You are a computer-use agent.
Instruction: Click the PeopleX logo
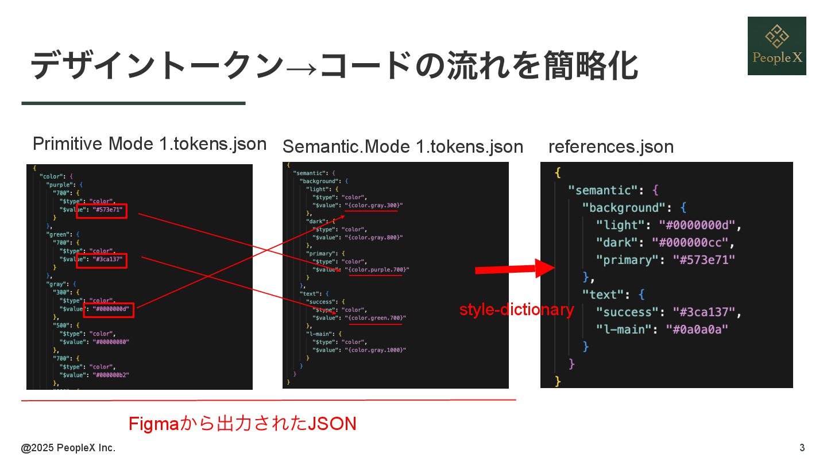pyautogui.click(x=776, y=46)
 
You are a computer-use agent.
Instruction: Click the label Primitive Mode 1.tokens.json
pyautogui.click(x=149, y=144)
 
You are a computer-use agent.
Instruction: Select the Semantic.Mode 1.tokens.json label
pyautogui.click(x=403, y=147)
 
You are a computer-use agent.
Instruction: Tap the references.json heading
pyautogui.click(x=611, y=147)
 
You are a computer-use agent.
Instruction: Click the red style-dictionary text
pyautogui.click(x=516, y=310)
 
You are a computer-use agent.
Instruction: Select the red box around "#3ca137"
pyautogui.click(x=102, y=261)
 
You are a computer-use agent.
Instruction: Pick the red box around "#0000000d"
pyautogui.click(x=109, y=310)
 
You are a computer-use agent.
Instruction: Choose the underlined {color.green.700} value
pyautogui.click(x=376, y=318)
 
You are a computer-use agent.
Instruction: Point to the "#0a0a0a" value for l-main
pyautogui.click(x=697, y=330)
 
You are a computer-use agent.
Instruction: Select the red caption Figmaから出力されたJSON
pyautogui.click(x=242, y=424)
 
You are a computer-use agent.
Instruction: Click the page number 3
pyautogui.click(x=802, y=448)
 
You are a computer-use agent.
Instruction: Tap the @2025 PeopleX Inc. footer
pyautogui.click(x=68, y=448)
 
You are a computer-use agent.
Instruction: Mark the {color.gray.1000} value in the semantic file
pyautogui.click(x=376, y=350)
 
